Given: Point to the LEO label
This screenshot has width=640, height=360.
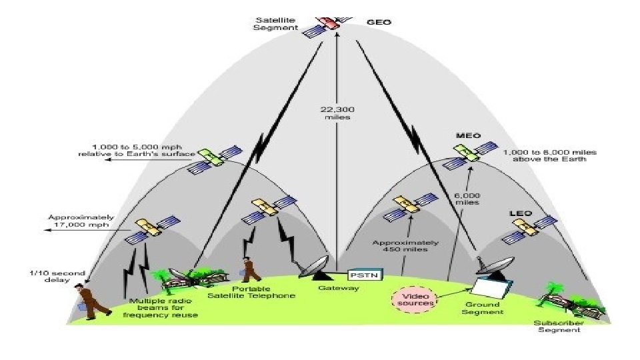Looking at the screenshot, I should (x=521, y=213).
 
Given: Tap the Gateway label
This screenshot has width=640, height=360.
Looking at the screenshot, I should (x=338, y=288).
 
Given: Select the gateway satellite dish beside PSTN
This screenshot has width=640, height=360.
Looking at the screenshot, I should (x=315, y=267).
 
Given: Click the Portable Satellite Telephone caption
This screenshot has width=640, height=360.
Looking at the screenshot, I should (x=251, y=291).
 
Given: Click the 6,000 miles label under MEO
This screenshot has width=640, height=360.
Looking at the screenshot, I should (x=467, y=198).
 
